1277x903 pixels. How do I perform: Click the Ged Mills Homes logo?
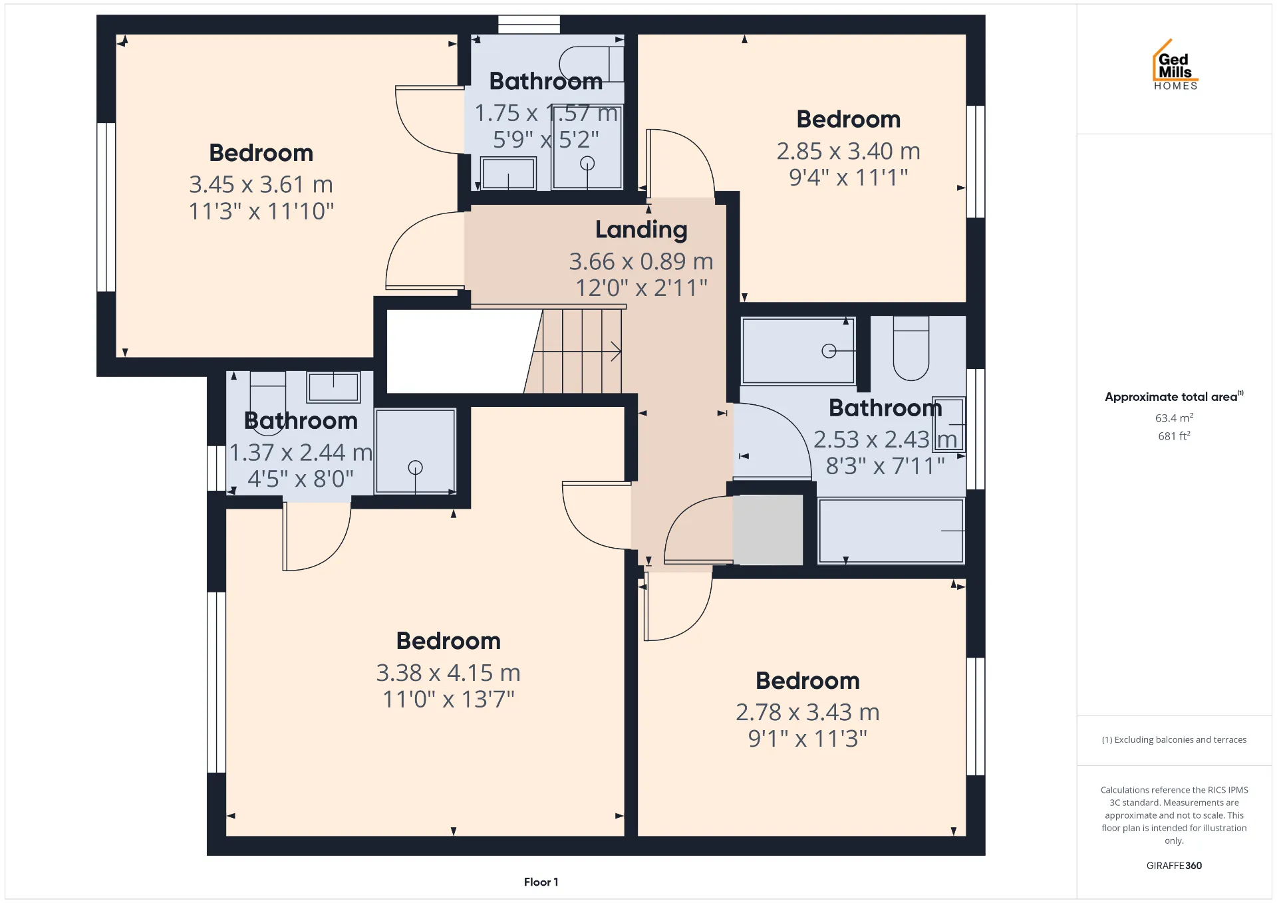click(x=1175, y=65)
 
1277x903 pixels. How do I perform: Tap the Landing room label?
click(x=641, y=230)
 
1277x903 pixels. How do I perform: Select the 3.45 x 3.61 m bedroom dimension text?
click(x=261, y=184)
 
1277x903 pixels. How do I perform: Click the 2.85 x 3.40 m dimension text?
click(x=848, y=152)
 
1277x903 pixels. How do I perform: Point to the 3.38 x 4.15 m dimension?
click(x=448, y=673)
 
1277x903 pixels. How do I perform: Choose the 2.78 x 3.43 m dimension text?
click(x=807, y=712)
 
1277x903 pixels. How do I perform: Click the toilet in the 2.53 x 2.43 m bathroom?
click(x=911, y=348)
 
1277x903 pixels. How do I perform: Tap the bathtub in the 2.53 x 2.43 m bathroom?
click(x=891, y=531)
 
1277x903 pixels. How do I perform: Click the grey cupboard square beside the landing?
click(x=768, y=530)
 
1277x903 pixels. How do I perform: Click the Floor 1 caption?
click(x=541, y=882)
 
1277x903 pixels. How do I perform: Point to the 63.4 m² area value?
click(x=1174, y=418)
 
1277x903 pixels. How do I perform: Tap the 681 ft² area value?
click(x=1174, y=436)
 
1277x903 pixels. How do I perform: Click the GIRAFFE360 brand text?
click(x=1174, y=865)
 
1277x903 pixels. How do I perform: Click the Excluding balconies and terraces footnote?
click(x=1174, y=739)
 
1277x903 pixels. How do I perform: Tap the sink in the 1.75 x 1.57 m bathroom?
click(x=508, y=173)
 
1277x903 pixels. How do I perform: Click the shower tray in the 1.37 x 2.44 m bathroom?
click(x=415, y=451)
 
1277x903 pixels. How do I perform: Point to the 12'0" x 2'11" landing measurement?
click(x=641, y=288)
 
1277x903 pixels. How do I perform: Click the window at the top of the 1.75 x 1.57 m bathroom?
click(x=529, y=24)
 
